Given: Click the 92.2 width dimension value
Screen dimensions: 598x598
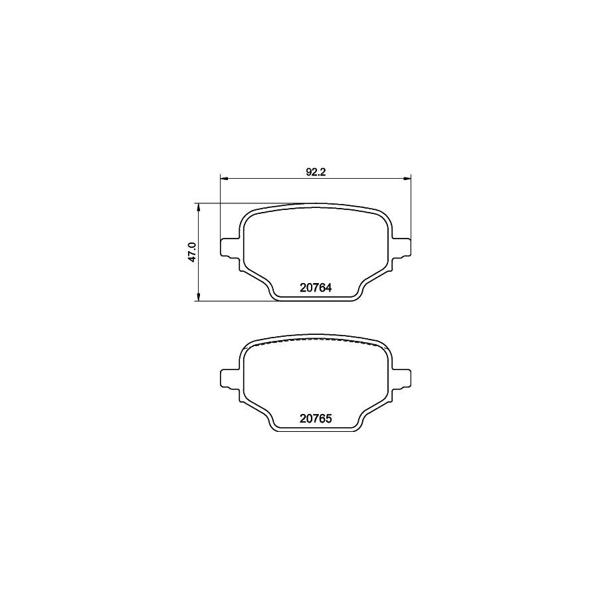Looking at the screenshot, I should (315, 172).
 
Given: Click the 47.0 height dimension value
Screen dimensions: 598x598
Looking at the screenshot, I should (191, 252).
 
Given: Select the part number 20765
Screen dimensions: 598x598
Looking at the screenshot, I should (315, 419).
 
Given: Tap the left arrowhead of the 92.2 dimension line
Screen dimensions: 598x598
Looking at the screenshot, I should (224, 178).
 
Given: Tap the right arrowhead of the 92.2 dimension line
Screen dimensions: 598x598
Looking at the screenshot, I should (407, 178).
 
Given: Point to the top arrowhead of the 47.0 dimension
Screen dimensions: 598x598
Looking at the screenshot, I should (198, 207).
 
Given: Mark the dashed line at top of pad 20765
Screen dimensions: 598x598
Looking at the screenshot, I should (315, 340).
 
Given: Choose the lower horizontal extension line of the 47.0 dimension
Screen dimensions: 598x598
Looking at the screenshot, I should (233, 301).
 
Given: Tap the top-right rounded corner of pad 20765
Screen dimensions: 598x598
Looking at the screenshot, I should (383, 346).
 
